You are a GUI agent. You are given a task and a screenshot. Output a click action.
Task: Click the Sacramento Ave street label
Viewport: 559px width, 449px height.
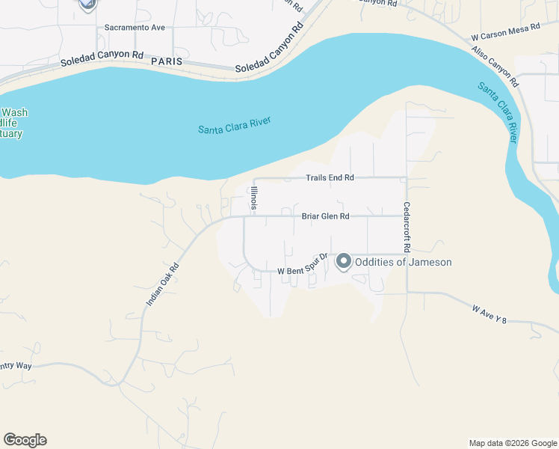[x=135, y=28]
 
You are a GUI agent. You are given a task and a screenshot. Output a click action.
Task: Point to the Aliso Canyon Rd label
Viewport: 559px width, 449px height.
[x=494, y=65]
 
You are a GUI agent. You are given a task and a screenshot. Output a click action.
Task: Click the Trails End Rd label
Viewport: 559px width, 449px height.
[x=330, y=178]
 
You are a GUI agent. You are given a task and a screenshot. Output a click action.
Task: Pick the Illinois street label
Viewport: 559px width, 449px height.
[x=254, y=200]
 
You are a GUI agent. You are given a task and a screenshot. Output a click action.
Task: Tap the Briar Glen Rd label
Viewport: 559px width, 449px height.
[x=325, y=216]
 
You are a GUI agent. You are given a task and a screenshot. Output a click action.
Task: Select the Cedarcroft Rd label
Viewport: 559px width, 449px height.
[x=407, y=226]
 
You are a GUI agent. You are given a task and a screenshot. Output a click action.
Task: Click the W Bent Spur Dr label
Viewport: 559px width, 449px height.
[x=303, y=266]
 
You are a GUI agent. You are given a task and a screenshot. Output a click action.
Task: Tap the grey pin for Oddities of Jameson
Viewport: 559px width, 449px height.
[x=344, y=261]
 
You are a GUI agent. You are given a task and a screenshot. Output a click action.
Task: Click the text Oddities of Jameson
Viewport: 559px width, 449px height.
[x=403, y=262]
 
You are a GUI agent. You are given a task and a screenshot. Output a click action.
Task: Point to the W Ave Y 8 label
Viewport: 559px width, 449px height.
[x=490, y=314]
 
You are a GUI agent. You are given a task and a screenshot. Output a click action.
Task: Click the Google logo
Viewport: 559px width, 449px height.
[x=25, y=440]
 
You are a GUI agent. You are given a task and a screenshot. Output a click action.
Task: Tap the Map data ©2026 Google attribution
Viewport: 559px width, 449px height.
[x=513, y=443]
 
